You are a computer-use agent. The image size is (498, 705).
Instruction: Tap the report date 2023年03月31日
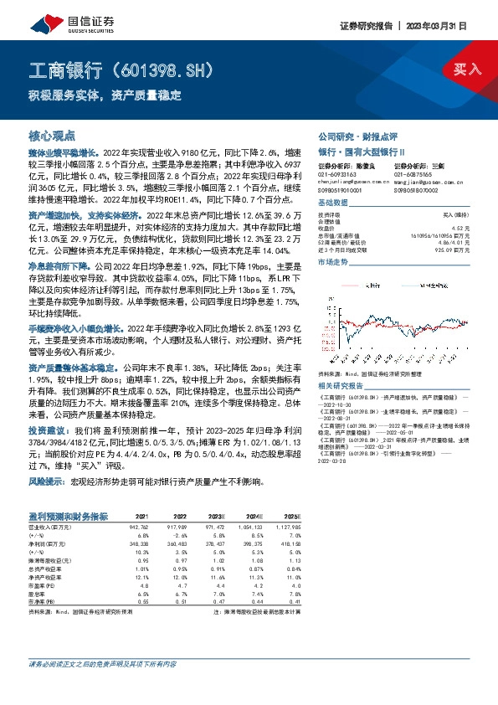438,27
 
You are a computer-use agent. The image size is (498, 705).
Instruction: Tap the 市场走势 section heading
333,263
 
